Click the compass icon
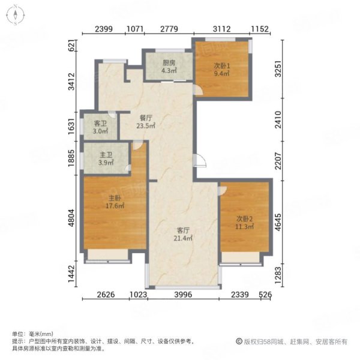point(16,15)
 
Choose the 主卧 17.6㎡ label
point(115,202)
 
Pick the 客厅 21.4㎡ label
point(183,234)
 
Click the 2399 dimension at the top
point(104,29)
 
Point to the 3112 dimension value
point(222,29)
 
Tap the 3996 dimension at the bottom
point(183,295)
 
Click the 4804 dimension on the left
point(71,218)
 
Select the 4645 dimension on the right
point(278,222)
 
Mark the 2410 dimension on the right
point(278,119)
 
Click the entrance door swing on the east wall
point(200,160)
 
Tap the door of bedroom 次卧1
point(198,89)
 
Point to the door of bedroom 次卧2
point(222,191)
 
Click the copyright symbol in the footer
point(239,341)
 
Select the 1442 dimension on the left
point(71,274)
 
